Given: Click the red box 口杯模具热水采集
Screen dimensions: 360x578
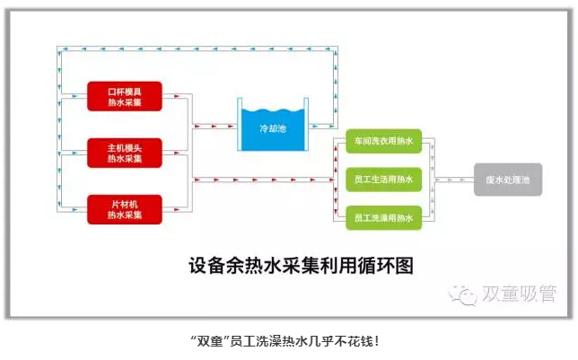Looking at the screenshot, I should pyautogui.click(x=124, y=96).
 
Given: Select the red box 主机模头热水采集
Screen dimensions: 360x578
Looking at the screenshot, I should pyautogui.click(x=124, y=153).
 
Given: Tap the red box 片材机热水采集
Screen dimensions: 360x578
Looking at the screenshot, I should pyautogui.click(x=124, y=208).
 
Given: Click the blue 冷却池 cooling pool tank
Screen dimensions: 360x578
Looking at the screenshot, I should pyautogui.click(x=272, y=127).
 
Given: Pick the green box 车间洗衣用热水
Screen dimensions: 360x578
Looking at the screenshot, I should pyautogui.click(x=384, y=142).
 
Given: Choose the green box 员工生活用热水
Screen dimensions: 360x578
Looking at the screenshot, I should pyautogui.click(x=384, y=180).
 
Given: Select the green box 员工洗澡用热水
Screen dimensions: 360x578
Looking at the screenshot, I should pyautogui.click(x=384, y=217).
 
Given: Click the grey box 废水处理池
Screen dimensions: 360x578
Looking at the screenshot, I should pyautogui.click(x=508, y=180).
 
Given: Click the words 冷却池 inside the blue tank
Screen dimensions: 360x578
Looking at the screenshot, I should pyautogui.click(x=272, y=129).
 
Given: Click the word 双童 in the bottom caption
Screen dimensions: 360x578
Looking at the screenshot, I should pyautogui.click(x=212, y=341).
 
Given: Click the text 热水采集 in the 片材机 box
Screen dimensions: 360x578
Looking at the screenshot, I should pyautogui.click(x=124, y=215).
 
